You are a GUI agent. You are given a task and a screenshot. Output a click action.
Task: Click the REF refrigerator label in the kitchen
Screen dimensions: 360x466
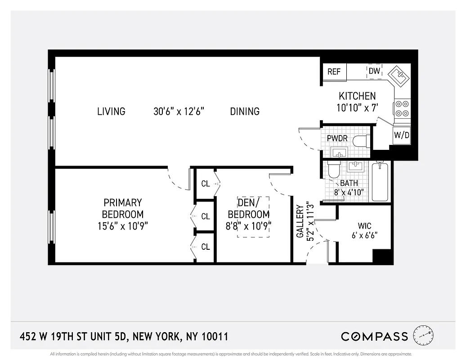(334, 72)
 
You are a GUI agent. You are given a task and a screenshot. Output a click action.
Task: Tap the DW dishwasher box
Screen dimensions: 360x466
(375, 71)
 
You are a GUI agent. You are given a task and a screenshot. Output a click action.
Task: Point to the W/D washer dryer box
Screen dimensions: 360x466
(401, 135)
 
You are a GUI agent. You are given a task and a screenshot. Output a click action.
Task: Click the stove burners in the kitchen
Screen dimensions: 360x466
(402, 109)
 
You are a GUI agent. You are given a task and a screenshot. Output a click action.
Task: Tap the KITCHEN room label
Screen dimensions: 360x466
(357, 96)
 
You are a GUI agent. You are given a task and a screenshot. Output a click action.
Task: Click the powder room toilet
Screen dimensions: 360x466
(360, 141)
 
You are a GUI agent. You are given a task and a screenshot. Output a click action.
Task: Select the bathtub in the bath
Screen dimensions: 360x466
(380, 182)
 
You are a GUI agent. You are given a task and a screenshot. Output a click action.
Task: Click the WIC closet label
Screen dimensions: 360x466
(365, 226)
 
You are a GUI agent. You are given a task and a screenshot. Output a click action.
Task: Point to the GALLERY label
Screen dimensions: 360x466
(300, 221)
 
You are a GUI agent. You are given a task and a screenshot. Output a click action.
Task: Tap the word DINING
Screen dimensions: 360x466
(245, 111)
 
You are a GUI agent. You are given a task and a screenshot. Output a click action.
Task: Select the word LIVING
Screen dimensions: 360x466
(111, 111)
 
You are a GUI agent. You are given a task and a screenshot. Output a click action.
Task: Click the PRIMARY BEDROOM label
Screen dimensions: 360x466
(123, 208)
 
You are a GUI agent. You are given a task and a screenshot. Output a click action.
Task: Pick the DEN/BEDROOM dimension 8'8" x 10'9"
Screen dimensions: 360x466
(248, 225)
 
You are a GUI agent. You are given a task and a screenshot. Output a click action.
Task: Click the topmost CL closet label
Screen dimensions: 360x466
(206, 184)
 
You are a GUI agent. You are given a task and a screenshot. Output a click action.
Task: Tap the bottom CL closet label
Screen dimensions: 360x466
(206, 247)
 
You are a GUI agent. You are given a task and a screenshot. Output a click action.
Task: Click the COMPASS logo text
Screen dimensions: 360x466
(374, 336)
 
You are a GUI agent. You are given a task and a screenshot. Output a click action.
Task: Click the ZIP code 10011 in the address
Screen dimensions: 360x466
(213, 337)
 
